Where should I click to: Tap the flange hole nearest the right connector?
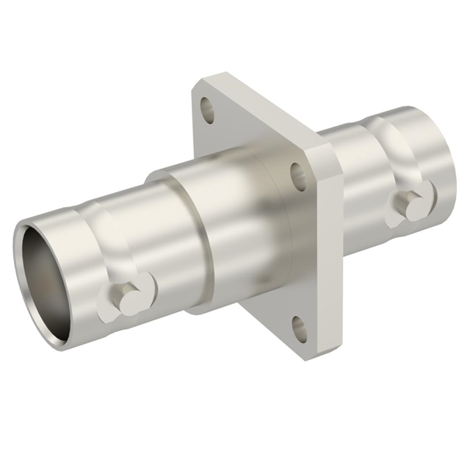(299, 176)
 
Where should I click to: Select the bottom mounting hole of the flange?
(299, 327)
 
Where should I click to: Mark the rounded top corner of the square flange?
(213, 77)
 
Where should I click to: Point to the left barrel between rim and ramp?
(81, 235)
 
